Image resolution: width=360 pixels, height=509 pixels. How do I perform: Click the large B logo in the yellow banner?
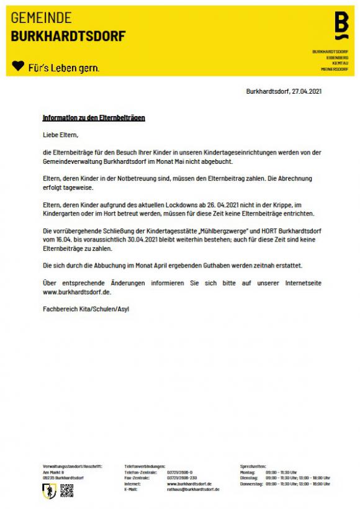point(341,25)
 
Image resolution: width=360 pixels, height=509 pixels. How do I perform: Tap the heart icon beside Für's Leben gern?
point(19,65)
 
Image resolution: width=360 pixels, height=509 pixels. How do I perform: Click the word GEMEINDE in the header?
point(42,18)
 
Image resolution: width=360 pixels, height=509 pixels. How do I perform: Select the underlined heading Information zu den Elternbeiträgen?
point(94,117)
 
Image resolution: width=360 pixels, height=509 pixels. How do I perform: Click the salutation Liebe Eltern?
point(61,135)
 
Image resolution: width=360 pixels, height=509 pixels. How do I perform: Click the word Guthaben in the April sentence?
point(190,265)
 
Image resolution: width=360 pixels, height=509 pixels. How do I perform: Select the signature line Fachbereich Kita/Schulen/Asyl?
point(87,308)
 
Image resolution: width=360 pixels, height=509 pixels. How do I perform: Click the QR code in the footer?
point(67,491)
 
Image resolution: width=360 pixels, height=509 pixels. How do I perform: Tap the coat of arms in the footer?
point(50,491)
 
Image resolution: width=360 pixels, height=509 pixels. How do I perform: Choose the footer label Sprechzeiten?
point(253,466)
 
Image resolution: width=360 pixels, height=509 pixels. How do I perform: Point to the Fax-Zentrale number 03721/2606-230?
point(182,477)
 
